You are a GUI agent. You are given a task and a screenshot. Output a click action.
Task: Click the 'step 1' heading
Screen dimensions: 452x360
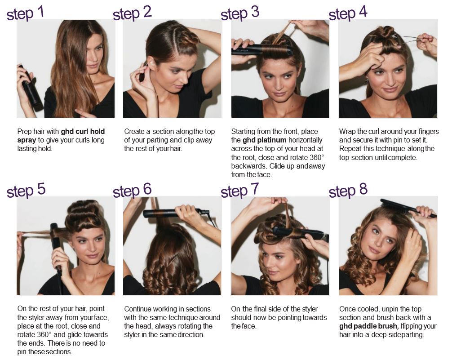[25, 13]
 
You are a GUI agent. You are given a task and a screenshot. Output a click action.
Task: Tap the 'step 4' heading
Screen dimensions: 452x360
[348, 13]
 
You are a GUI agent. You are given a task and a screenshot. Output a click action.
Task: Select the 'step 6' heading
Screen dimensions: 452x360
[132, 191]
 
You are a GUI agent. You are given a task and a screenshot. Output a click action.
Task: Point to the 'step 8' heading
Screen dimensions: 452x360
[348, 191]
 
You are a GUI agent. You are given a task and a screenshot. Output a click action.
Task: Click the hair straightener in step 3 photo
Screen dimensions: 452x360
[262, 49]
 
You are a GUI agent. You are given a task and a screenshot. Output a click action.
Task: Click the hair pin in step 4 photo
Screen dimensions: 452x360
[409, 40]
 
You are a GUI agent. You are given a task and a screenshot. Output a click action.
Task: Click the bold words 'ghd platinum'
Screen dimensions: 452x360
[264, 140]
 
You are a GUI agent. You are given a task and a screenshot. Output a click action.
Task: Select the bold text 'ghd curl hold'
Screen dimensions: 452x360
[83, 132]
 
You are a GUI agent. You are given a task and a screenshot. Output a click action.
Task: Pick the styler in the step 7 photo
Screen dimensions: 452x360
[300, 233]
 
